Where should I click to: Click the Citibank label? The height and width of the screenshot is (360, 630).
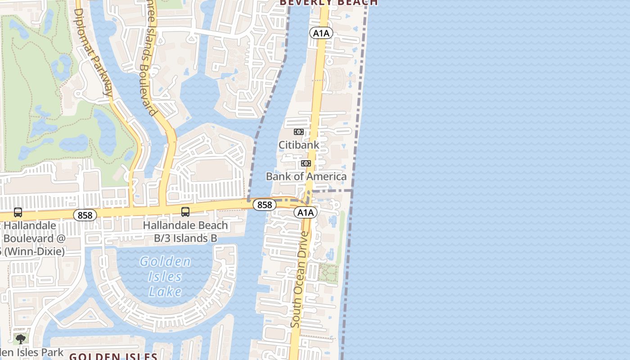[299, 145]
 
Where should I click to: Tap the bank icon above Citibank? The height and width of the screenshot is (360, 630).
[299, 132]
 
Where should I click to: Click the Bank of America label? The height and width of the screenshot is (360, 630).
[306, 176]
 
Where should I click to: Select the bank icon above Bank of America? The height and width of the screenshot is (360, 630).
[306, 163]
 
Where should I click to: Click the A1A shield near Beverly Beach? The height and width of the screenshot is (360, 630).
[321, 33]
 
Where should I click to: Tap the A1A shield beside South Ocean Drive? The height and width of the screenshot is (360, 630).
[306, 212]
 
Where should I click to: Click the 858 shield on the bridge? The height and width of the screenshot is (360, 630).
[265, 205]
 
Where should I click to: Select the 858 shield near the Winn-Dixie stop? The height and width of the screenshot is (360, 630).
[85, 215]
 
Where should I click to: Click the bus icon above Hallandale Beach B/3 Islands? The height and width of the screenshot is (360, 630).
[185, 211]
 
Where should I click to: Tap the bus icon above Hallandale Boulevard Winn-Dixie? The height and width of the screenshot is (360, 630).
[18, 212]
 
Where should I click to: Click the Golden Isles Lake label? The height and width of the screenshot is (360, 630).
[165, 276]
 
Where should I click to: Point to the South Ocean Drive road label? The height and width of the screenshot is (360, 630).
[300, 279]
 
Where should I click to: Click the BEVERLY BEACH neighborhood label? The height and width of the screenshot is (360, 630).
[328, 3]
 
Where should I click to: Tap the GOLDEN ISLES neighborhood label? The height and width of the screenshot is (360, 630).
[113, 356]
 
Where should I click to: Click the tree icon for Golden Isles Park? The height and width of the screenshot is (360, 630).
[20, 339]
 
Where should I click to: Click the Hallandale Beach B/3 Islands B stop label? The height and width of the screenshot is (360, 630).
[185, 232]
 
